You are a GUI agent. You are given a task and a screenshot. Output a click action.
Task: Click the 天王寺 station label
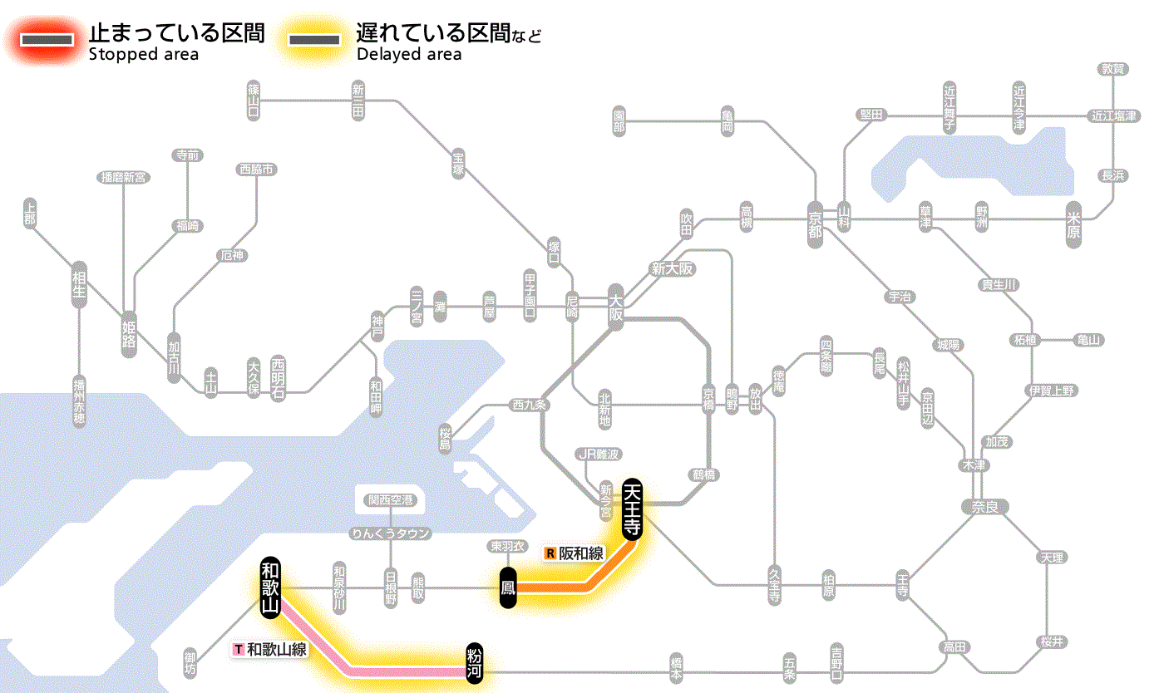pyautogui.click(x=632, y=510)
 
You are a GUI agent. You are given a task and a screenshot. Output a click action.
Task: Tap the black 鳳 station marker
pyautogui.click(x=509, y=588)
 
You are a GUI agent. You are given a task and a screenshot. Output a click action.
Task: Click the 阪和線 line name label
pyautogui.click(x=581, y=553)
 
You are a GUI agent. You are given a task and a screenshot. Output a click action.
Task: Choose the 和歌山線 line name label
pyautogui.click(x=278, y=650)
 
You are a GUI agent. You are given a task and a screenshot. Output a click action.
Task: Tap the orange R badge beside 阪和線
pyautogui.click(x=550, y=553)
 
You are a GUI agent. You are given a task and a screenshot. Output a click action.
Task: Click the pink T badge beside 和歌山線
pyautogui.click(x=239, y=650)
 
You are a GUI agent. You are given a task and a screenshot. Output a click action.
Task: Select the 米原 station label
pyautogui.click(x=1074, y=224)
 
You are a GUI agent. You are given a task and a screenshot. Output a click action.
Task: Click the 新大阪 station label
pyautogui.click(x=673, y=269)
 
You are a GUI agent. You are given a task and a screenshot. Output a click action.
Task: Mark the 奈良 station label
pyautogui.click(x=984, y=507)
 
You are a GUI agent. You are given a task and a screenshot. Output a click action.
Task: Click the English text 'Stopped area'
pyautogui.click(x=143, y=55)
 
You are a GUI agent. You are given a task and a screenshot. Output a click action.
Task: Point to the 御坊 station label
pyautogui.click(x=190, y=662)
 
